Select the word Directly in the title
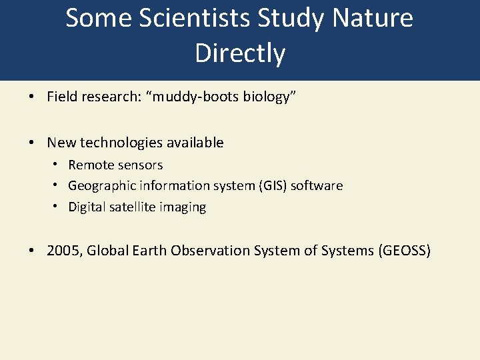(x=240, y=53)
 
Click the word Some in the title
(x=93, y=19)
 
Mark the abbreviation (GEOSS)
(x=404, y=251)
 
